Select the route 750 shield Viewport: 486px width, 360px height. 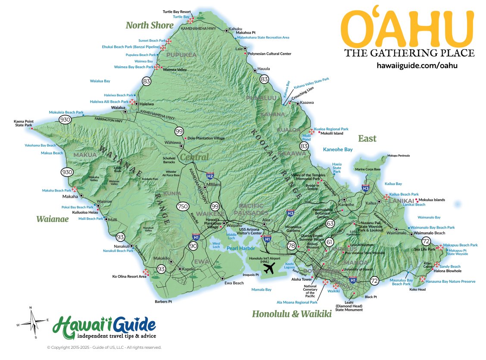(182, 207)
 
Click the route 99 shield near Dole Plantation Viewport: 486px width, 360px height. (179, 131)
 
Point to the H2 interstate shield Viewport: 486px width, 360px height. (210, 175)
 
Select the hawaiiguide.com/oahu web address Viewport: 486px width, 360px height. (417, 66)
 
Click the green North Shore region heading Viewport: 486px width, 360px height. (150, 25)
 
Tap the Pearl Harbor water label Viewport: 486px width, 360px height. (241, 248)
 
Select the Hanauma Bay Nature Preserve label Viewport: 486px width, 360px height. (450, 282)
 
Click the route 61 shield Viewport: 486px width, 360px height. (330, 242)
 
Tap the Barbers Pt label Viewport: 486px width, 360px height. (163, 301)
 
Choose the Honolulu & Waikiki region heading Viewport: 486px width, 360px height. (292, 314)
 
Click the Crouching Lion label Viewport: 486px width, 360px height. (303, 100)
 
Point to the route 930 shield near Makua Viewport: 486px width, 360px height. (67, 172)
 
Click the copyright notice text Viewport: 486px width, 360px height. (104, 347)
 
